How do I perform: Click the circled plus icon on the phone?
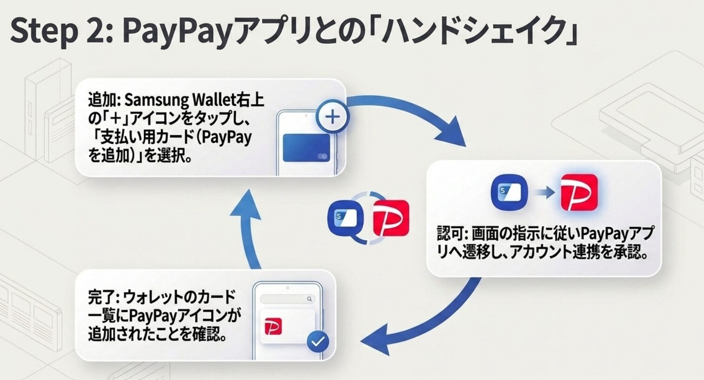tap(332, 117)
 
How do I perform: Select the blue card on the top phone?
tap(306, 148)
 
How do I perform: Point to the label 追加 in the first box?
tap(101, 100)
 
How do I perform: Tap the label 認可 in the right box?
tap(450, 233)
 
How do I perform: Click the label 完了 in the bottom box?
tap(101, 297)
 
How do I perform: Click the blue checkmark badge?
tap(318, 342)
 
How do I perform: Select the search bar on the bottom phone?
tap(287, 299)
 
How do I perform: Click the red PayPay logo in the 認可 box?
tap(579, 192)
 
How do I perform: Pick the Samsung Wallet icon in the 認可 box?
tap(509, 192)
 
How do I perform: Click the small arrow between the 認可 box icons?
tap(544, 192)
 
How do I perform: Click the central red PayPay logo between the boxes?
tap(391, 218)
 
